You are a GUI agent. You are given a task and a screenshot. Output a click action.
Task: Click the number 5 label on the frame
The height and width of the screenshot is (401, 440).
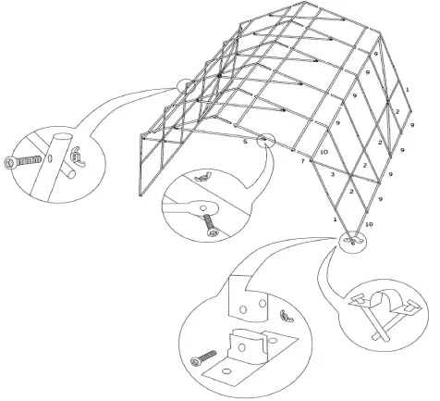pyautogui.click(x=245, y=142)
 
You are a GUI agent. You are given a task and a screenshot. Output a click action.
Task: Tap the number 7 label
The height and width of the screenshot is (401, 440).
pyautogui.click(x=302, y=162)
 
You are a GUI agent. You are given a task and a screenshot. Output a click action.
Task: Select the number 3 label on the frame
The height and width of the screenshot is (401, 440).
pyautogui.click(x=332, y=173)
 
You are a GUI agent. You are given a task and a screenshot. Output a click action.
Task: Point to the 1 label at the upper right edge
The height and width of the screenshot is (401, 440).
pyautogui.click(x=407, y=89)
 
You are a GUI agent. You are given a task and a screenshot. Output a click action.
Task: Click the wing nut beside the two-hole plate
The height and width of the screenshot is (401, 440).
pyautogui.click(x=287, y=318)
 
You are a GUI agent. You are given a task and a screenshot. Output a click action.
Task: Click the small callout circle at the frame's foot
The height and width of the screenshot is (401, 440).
pyautogui.click(x=351, y=241)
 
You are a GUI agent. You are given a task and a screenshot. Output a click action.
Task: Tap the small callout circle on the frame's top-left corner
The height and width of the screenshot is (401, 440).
pyautogui.click(x=189, y=86)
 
